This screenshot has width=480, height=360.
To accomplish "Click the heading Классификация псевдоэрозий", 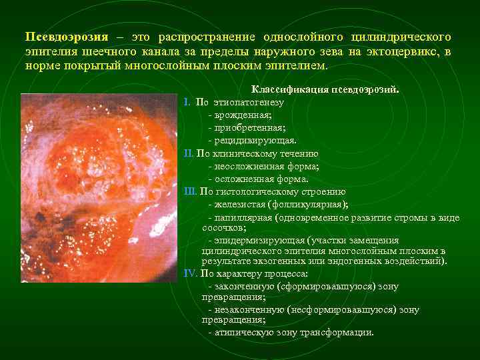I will (x=325, y=89).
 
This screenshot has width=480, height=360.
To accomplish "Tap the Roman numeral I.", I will (x=187, y=103).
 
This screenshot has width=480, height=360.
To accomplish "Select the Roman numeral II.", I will (x=189, y=153).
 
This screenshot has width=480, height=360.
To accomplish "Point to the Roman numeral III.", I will (x=191, y=191).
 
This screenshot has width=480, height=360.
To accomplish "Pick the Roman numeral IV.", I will (x=191, y=273).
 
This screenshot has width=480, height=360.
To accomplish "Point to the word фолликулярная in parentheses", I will (x=311, y=204).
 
